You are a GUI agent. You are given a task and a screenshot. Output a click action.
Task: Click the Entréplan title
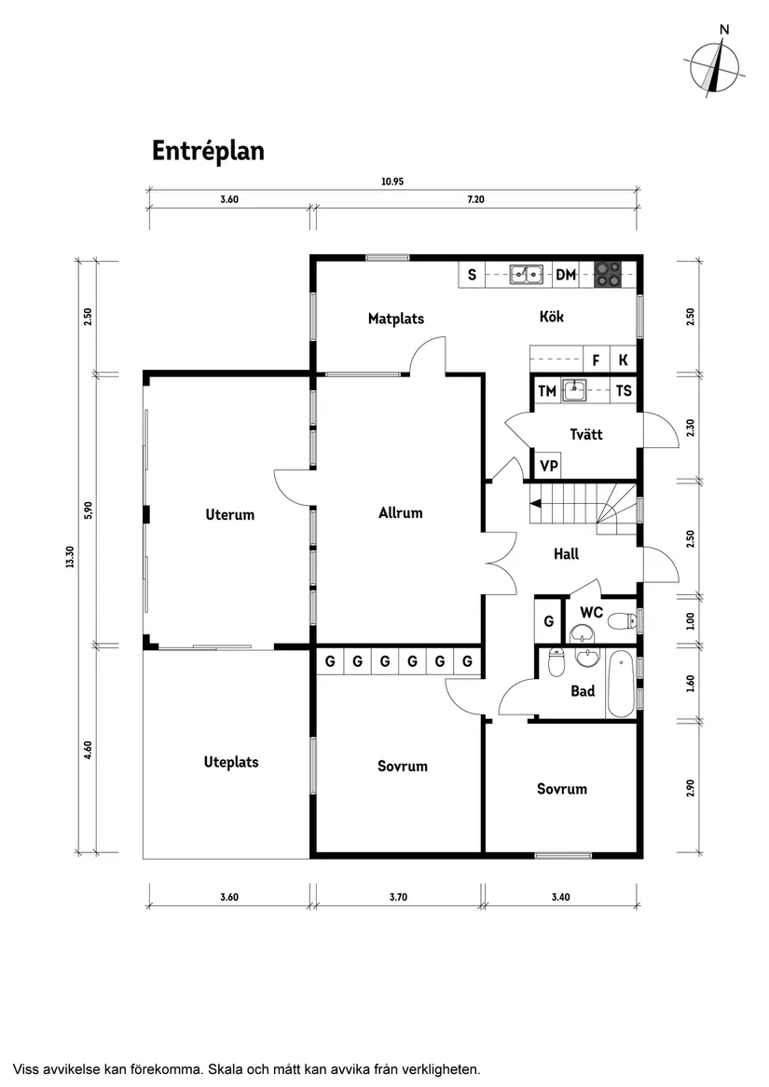[208, 151]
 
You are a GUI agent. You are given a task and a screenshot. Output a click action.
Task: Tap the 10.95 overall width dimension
[391, 183]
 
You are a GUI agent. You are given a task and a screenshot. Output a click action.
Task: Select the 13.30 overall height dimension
[69, 556]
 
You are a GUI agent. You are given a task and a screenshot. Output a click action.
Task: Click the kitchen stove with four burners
[609, 272]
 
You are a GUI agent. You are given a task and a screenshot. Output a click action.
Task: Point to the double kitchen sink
[527, 274]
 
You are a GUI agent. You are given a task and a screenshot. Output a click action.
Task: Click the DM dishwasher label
[566, 275]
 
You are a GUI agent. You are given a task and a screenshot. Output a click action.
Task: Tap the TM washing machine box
[546, 391]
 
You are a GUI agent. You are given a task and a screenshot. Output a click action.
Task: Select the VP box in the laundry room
[549, 466]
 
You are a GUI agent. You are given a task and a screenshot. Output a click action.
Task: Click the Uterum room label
[229, 514]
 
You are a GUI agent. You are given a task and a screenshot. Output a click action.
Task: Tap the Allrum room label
[401, 512]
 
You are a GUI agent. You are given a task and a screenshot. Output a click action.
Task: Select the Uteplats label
[231, 762]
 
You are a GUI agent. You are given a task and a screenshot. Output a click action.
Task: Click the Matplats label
[395, 319]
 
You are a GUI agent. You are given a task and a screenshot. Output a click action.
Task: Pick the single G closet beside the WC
[549, 620]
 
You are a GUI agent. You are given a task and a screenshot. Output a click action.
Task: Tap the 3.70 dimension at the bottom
[400, 898]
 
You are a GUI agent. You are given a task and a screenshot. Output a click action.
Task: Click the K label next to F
[623, 360]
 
